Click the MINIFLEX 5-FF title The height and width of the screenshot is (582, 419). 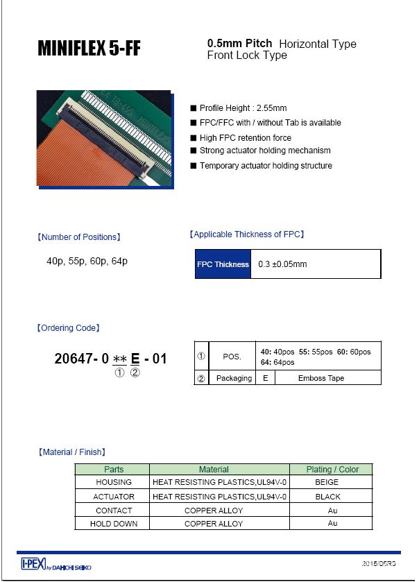click(x=89, y=49)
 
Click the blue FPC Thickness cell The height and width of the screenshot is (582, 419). click(x=223, y=264)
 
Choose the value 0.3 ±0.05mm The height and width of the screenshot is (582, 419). click(x=282, y=264)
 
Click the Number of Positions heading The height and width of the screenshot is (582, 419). click(x=79, y=237)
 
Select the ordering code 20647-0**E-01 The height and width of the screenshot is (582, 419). click(x=110, y=359)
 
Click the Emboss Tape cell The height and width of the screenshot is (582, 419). click(x=321, y=378)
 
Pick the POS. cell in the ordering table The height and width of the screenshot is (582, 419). click(x=232, y=357)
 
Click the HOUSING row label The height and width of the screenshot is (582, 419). click(x=113, y=482)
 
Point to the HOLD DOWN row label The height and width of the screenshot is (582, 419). click(x=113, y=524)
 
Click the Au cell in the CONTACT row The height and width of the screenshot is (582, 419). click(x=332, y=510)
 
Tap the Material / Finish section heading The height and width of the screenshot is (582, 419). click(x=72, y=452)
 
